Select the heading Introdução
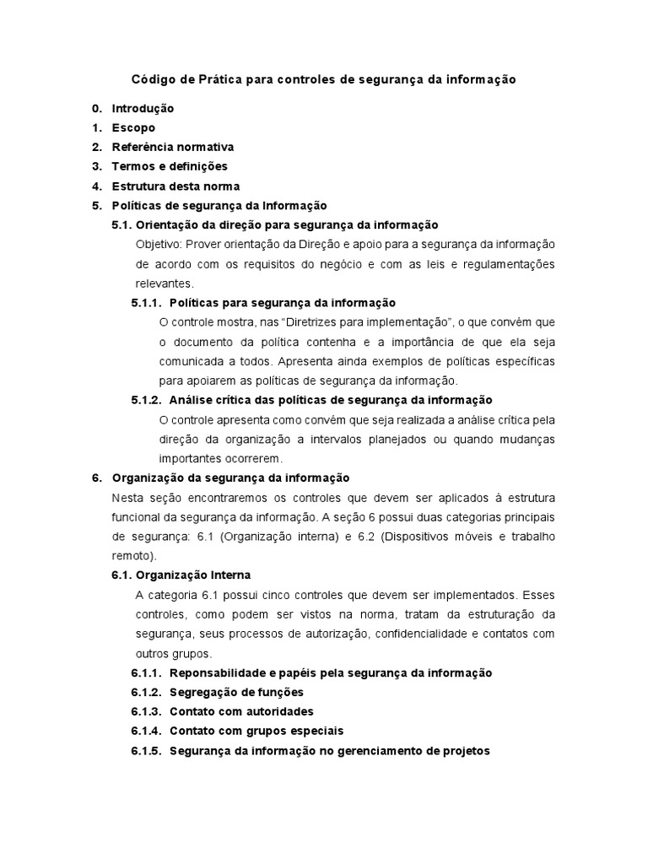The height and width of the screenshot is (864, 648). (x=143, y=108)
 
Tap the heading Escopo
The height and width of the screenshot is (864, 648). (x=133, y=127)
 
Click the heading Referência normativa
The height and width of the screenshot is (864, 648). (x=173, y=147)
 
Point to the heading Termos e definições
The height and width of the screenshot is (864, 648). (x=170, y=166)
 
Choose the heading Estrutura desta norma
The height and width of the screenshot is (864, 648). (x=175, y=186)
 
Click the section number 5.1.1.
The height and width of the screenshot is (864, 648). (x=147, y=302)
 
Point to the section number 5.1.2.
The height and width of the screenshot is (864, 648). (x=147, y=399)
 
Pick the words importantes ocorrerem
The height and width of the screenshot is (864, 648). (x=221, y=458)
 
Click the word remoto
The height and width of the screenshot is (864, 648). (x=131, y=556)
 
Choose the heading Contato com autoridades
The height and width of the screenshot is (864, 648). (x=241, y=711)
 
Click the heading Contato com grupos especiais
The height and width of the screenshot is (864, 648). (x=256, y=731)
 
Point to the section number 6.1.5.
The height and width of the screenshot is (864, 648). (x=147, y=750)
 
